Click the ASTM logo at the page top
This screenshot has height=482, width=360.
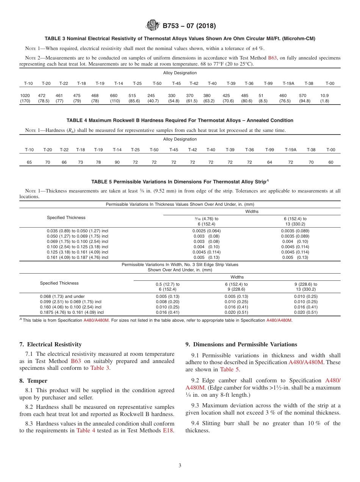[x=153, y=26]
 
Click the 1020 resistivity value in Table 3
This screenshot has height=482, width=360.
[x=25, y=96]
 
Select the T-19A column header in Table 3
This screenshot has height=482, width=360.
[x=288, y=83]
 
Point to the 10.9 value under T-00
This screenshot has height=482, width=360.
[x=324, y=96]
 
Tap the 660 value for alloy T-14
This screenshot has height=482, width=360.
[x=114, y=96]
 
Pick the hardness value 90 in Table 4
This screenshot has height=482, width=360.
[x=117, y=162]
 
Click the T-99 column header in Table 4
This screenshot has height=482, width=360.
[x=269, y=150]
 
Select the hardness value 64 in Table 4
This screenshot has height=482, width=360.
[x=269, y=162]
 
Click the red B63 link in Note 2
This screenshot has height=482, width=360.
[x=272, y=58]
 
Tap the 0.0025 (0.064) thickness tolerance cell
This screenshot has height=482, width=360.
[x=206, y=231]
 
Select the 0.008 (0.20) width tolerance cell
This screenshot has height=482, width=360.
[x=167, y=302]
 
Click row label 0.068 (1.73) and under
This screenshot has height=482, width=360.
[x=62, y=297]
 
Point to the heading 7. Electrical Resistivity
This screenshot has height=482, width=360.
[x=50, y=344]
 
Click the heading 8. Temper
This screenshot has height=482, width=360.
[x=33, y=381]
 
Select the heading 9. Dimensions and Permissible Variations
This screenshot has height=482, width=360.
[x=241, y=344]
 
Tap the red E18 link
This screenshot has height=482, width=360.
[x=168, y=430]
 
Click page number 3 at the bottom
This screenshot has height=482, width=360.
[x=180, y=465]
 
